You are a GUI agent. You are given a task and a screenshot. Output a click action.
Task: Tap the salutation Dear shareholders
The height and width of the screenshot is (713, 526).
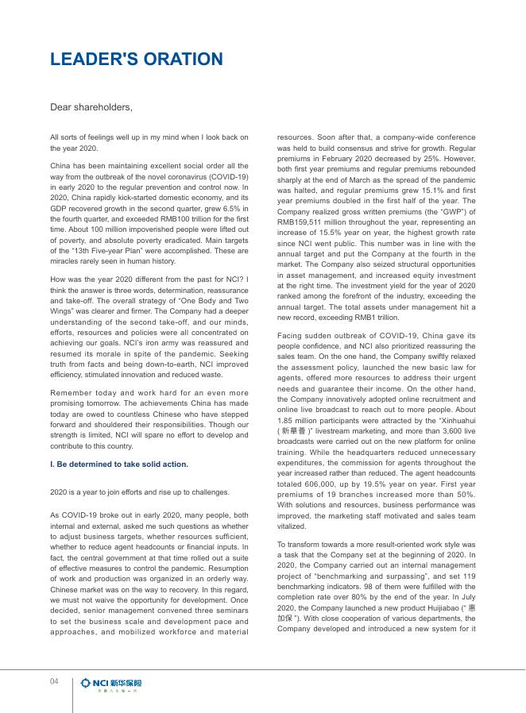tap(91, 106)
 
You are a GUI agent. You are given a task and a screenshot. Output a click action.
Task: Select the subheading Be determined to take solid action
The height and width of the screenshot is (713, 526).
tap(119, 464)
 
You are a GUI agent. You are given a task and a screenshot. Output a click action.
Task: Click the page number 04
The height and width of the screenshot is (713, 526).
tap(55, 681)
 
